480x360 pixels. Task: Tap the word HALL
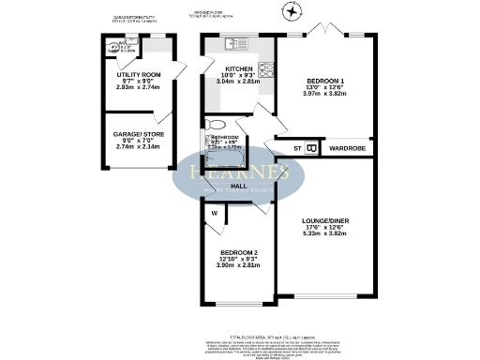pyautogui.click(x=239, y=187)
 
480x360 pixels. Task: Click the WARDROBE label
pyautogui.click(x=345, y=148)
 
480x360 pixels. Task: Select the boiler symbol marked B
pyautogui.click(x=311, y=147)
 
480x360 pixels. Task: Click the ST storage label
pyautogui.click(x=297, y=148)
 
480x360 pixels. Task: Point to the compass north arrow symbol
pyautogui.click(x=292, y=12)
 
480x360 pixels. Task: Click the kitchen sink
pyautogui.click(x=233, y=42)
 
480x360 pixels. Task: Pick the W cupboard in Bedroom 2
pyautogui.click(x=214, y=212)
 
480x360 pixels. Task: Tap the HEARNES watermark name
pyautogui.click(x=239, y=172)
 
